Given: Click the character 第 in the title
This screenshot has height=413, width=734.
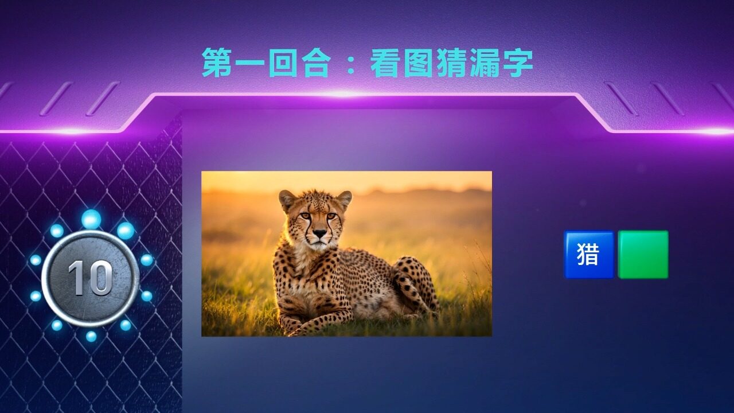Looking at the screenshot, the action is (x=218, y=63).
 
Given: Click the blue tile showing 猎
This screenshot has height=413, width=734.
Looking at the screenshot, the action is (x=589, y=255).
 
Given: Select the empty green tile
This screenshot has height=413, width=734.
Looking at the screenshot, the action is (x=643, y=255).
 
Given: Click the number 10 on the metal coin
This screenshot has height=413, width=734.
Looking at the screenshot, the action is (x=91, y=278).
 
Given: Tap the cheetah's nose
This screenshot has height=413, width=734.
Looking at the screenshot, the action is (x=319, y=233).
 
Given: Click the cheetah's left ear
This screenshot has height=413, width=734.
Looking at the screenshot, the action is (x=344, y=198).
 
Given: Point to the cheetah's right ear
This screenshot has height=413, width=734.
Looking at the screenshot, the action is (x=286, y=199).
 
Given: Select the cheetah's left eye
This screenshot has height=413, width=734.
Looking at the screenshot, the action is (x=331, y=216).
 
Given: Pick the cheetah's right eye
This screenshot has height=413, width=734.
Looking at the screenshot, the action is (x=306, y=216).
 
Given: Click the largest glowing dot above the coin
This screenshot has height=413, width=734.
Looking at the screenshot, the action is (x=91, y=219).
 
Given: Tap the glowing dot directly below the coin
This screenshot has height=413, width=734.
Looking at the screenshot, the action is (x=91, y=336).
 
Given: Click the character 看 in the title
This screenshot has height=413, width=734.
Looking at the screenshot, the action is (x=386, y=63).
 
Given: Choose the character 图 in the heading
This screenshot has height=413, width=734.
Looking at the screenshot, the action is (x=419, y=63).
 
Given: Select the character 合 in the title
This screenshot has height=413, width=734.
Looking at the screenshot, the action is (x=316, y=63).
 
